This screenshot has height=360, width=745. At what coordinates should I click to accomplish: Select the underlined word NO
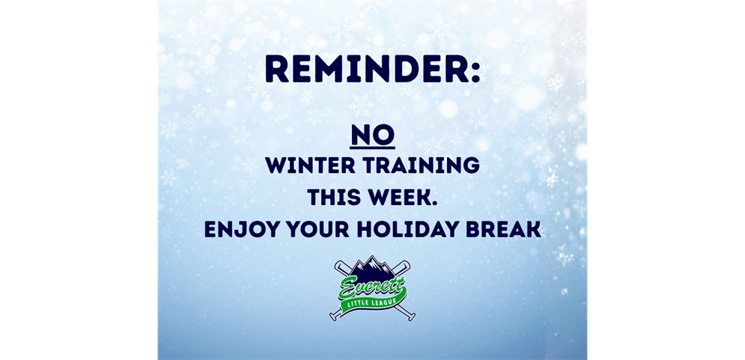[x=372, y=135]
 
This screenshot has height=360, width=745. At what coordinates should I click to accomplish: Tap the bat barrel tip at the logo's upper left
[x=338, y=263]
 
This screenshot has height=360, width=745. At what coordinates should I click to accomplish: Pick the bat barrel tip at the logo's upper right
[x=407, y=263]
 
